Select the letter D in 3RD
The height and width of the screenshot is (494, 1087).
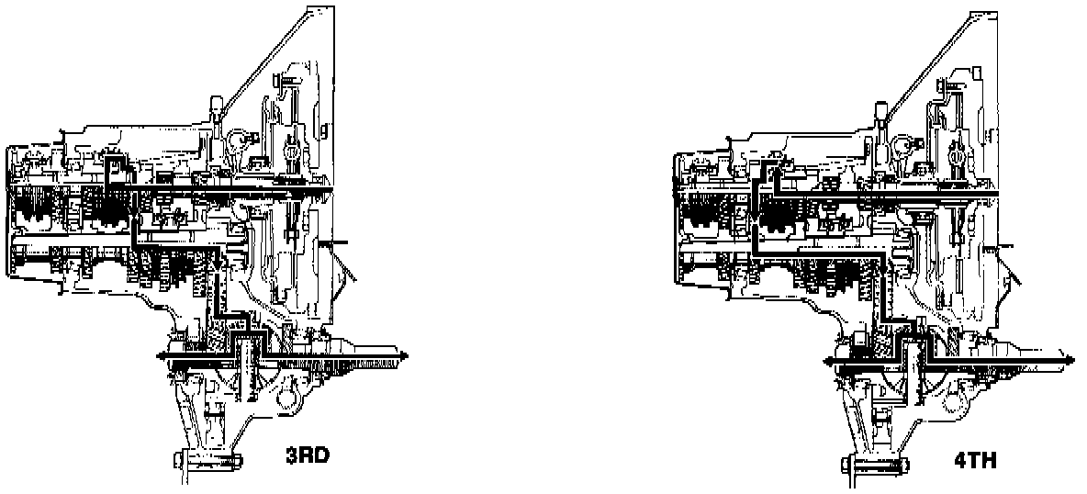(x=321, y=453)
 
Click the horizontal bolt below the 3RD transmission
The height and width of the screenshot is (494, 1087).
(x=206, y=460)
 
